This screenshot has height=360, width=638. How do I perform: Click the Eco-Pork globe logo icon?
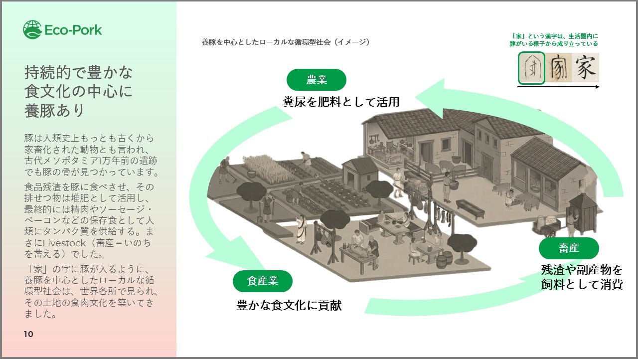coord(32,29)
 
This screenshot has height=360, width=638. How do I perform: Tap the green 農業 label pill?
coord(316,80)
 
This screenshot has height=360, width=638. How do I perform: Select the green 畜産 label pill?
coord(568,248)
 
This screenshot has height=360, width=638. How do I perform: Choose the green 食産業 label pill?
coord(262,281)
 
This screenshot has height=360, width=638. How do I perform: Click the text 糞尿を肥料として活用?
coord(341,102)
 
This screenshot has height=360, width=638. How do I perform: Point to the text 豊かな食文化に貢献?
coord(289,305)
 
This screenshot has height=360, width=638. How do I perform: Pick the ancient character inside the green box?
coord(531,68)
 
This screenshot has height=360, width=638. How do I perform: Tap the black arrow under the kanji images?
coord(558,87)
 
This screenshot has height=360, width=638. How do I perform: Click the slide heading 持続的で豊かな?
coord(79,73)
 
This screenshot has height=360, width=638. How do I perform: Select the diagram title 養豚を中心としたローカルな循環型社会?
coord(266,42)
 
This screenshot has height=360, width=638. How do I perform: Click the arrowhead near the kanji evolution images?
coord(434,95)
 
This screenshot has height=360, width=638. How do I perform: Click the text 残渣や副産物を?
coord(582,270)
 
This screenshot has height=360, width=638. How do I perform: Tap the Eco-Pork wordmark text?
coord(73,30)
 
